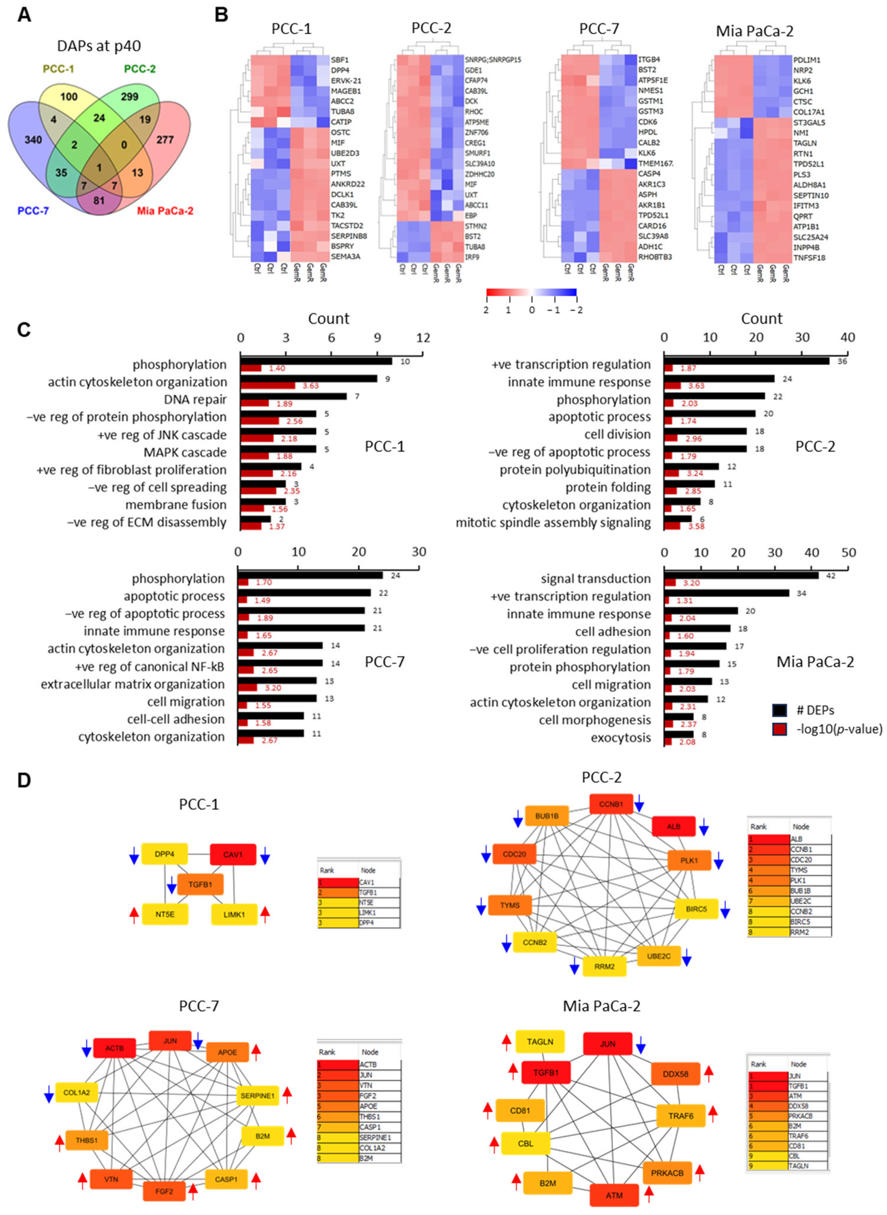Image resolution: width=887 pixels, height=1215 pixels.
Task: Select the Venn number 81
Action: tap(99, 201)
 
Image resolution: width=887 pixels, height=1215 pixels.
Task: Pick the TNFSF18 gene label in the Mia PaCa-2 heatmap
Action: tap(809, 258)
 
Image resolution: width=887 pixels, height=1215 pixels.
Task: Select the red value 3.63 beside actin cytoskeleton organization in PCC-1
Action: tap(310, 386)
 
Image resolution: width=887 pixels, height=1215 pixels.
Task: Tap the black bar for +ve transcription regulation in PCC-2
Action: tap(746, 361)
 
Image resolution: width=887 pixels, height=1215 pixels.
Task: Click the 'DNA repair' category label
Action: tap(195, 400)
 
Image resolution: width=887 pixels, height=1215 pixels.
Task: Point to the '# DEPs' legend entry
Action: tap(815, 711)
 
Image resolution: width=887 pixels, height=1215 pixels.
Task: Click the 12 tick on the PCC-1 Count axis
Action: tap(423, 338)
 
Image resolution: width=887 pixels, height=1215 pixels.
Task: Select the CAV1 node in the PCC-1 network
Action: tap(232, 854)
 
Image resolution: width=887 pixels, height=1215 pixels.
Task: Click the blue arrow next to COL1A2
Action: tap(48, 1093)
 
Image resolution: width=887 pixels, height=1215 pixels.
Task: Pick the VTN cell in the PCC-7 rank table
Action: tap(368, 1086)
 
